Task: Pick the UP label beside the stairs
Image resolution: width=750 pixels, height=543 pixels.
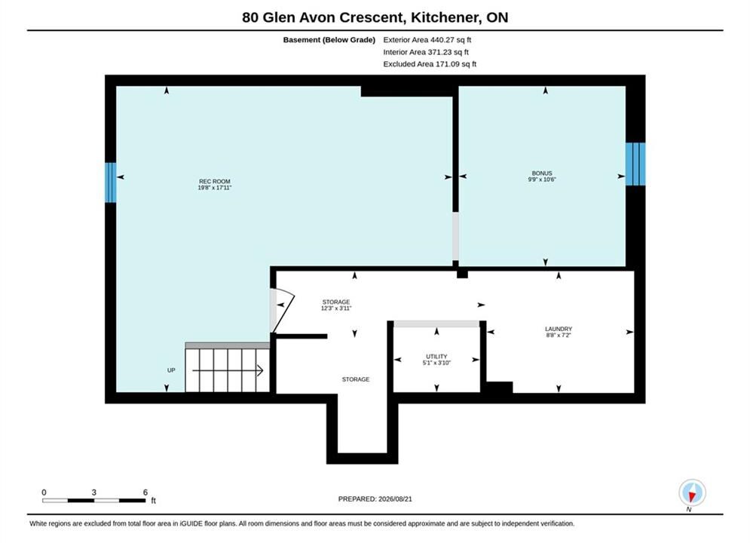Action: point(171,370)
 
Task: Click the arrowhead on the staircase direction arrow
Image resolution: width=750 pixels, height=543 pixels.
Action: point(260,370)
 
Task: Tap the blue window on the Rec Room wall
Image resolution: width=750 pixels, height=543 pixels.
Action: point(111,183)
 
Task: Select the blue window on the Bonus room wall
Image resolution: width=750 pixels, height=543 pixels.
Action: point(635,164)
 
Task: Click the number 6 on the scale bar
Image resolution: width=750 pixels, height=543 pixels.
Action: point(145,492)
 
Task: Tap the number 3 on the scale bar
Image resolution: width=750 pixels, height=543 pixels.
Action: point(93,492)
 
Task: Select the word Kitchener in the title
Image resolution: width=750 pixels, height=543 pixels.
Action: point(445,17)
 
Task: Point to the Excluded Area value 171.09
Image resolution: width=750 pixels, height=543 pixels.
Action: point(446,63)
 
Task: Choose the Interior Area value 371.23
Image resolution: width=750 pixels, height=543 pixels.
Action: point(439,52)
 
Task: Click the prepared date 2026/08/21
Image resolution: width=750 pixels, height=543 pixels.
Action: point(395,499)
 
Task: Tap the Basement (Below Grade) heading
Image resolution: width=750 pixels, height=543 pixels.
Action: point(329,40)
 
